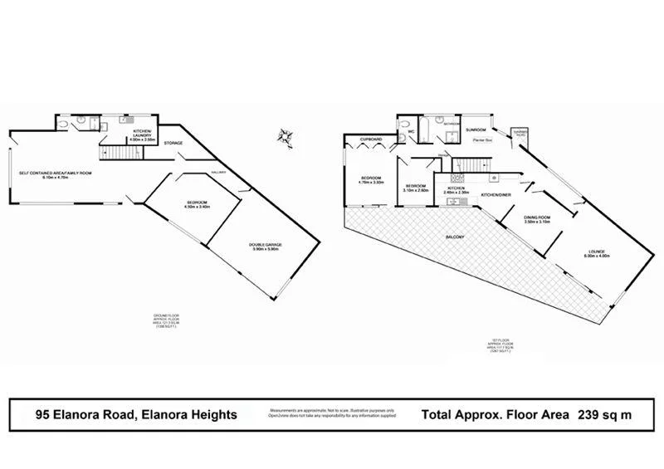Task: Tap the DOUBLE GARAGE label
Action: [x=266, y=245]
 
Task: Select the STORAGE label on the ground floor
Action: [x=173, y=144]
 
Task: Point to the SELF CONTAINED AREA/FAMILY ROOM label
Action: [x=56, y=173]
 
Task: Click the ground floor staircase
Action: [x=113, y=152]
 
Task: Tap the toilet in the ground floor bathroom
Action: [x=66, y=125]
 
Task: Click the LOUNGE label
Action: [x=598, y=252]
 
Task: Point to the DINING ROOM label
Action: [x=538, y=219]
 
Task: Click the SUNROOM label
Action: [x=476, y=130]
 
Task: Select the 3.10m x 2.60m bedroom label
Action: [x=415, y=187]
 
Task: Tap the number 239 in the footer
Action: [x=585, y=413]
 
